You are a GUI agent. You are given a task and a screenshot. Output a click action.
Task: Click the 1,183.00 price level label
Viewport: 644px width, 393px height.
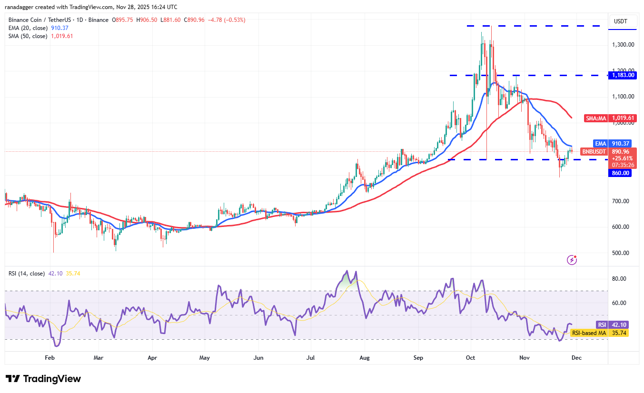click(622, 75)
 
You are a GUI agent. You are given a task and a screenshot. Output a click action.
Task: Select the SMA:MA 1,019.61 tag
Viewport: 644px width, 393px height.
click(610, 118)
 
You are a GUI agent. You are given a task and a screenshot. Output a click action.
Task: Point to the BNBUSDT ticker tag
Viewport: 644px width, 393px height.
click(594, 152)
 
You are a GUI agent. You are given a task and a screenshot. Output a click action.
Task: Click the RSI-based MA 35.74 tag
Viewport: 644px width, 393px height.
click(599, 333)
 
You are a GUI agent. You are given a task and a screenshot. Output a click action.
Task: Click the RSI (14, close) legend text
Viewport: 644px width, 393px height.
click(27, 274)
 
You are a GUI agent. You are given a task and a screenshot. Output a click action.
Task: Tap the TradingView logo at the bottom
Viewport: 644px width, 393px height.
click(44, 379)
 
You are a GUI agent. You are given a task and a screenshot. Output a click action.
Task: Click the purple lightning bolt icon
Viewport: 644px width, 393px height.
click(572, 260)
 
